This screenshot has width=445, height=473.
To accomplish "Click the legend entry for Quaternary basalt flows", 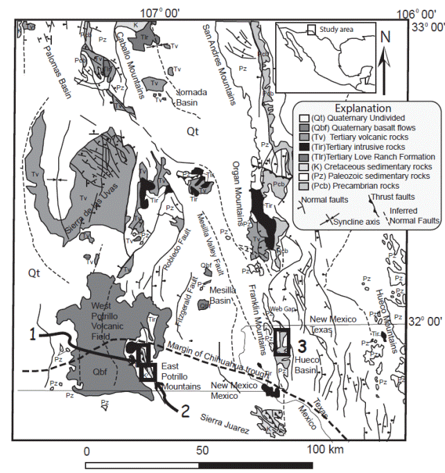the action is [356, 128].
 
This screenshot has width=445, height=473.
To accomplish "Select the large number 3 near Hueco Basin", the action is [301, 341].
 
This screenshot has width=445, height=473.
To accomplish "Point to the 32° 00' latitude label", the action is [425, 320].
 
